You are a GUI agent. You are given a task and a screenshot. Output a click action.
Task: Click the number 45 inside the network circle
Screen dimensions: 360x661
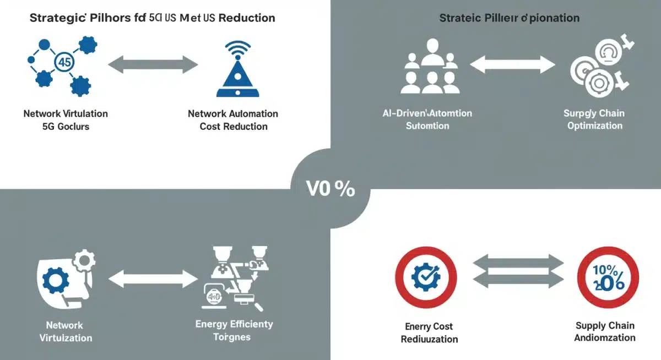(64, 63)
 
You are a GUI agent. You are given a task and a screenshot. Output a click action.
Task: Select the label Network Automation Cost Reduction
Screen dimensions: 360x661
(233, 120)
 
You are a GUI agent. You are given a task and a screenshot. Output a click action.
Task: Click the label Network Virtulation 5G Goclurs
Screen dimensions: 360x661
(66, 120)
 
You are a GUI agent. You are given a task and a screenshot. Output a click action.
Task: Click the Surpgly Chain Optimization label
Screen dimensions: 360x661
(594, 119)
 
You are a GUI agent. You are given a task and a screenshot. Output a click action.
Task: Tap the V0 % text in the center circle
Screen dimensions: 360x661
(330, 188)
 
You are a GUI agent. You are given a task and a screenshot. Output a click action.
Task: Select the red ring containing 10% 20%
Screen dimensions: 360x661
(608, 277)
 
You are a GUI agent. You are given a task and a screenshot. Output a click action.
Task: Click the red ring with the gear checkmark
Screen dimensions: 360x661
(426, 277)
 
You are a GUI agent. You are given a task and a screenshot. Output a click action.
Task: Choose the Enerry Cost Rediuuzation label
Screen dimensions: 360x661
(429, 332)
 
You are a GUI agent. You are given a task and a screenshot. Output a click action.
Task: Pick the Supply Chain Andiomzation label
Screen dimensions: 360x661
(605, 332)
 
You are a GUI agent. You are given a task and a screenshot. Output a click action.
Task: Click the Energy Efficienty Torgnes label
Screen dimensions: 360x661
(234, 330)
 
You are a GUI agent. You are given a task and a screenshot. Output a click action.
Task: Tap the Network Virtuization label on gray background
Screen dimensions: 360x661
(65, 331)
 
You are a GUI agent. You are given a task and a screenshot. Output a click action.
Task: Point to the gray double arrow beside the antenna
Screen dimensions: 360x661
(153, 66)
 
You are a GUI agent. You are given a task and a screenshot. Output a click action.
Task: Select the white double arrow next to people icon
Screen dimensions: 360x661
(512, 65)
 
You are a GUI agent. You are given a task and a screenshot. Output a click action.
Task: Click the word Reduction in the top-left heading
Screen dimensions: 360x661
(247, 18)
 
